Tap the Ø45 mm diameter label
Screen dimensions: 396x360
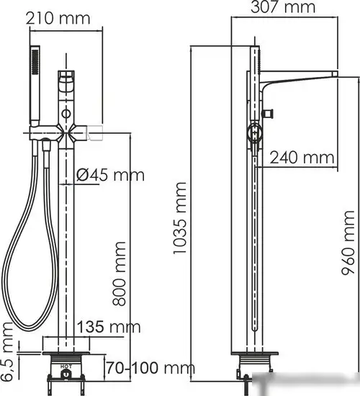tap(110, 174)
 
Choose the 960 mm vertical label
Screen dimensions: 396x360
tap(349, 245)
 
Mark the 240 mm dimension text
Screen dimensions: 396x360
tap(302, 156)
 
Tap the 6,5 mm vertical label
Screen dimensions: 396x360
tap(9, 353)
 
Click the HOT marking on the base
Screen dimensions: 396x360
tap(66, 366)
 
